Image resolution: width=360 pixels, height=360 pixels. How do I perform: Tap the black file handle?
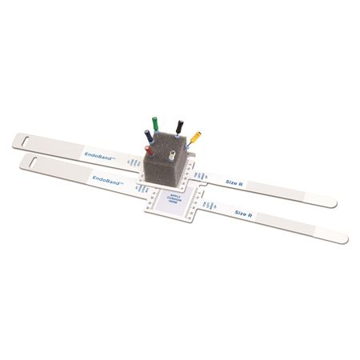point(178,125)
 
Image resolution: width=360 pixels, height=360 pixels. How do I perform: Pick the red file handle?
point(146,149)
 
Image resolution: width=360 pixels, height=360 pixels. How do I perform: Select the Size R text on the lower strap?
point(245,212)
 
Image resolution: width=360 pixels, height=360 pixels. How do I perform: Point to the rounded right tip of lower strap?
point(346,238)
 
